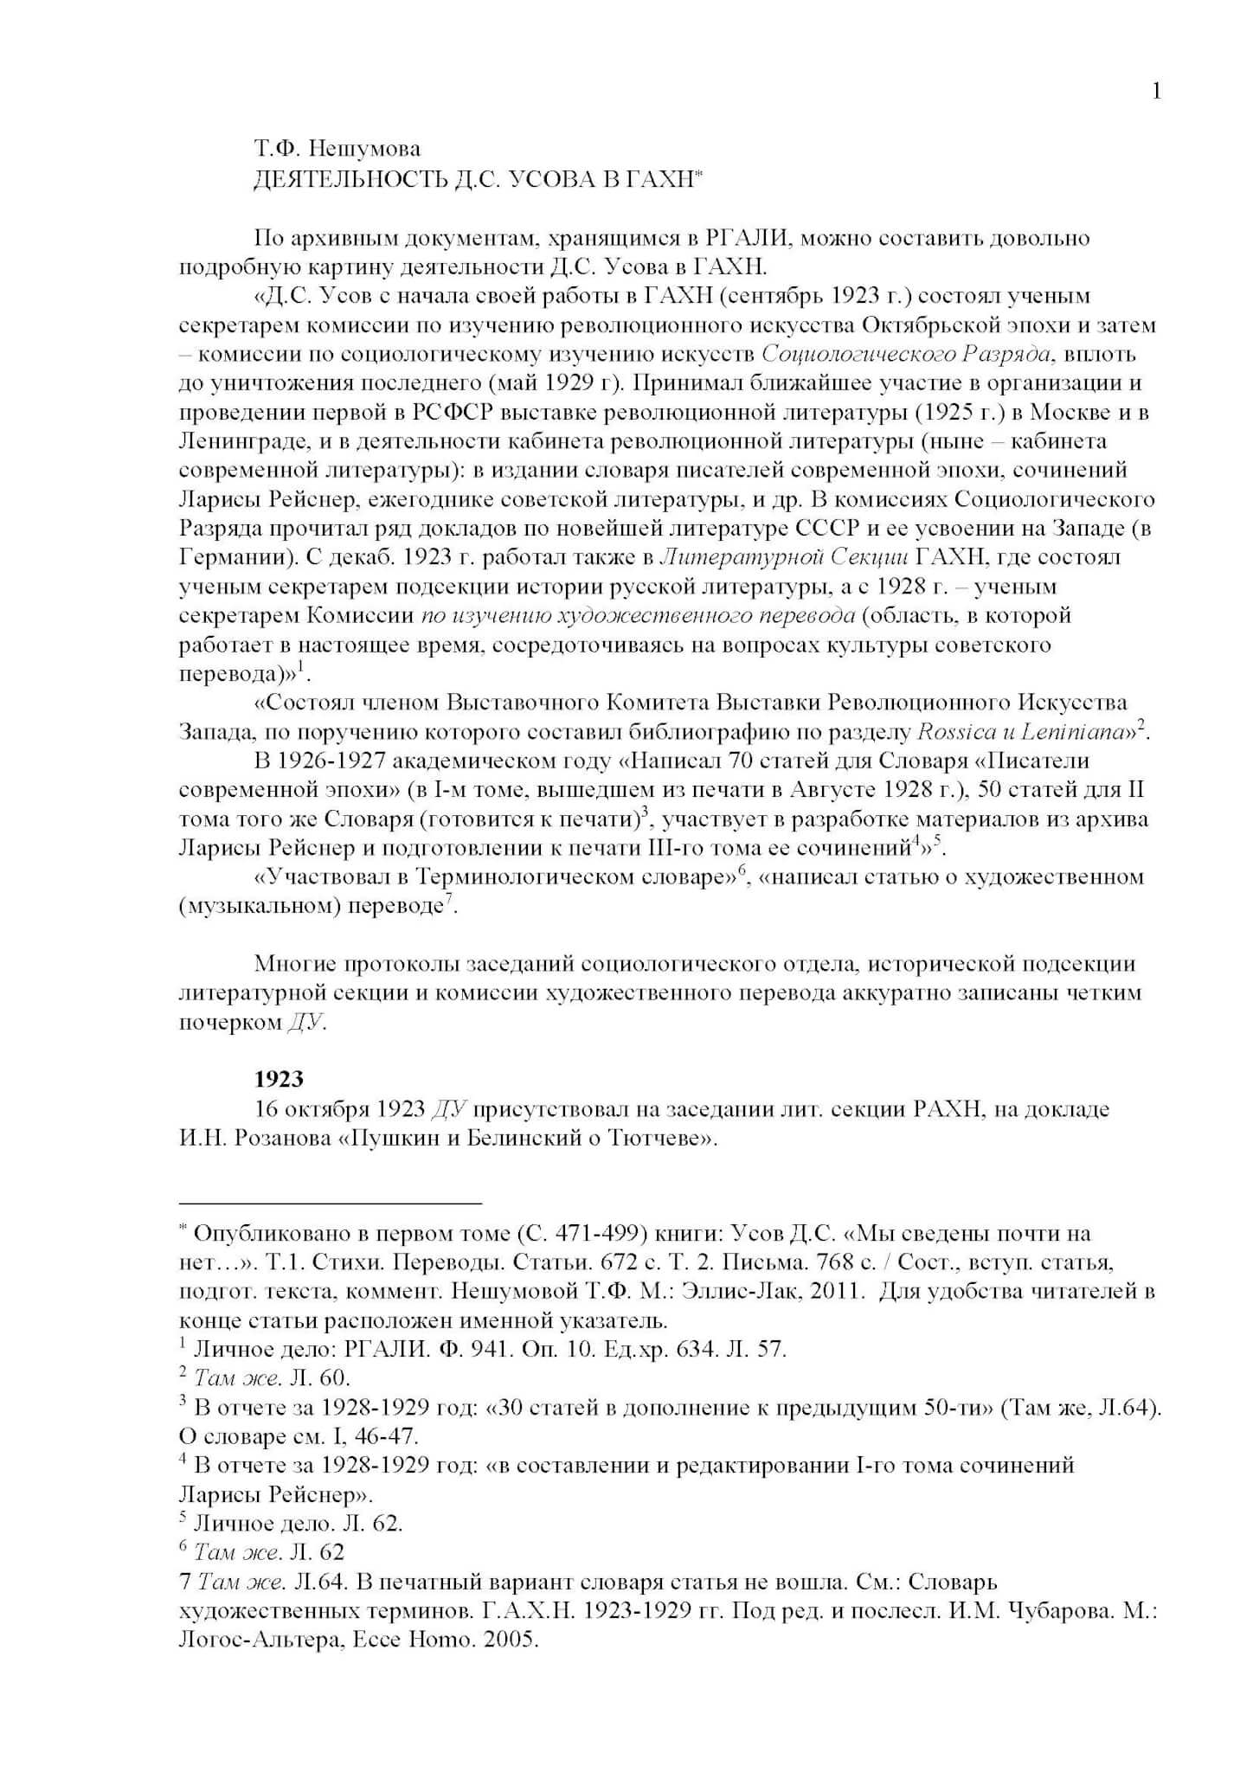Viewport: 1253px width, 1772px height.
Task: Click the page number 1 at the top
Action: [x=1157, y=91]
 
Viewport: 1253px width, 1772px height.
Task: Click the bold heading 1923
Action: [x=279, y=1079]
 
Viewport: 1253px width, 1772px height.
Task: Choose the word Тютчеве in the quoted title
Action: [x=658, y=1138]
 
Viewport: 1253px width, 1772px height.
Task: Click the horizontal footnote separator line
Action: [x=330, y=1203]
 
